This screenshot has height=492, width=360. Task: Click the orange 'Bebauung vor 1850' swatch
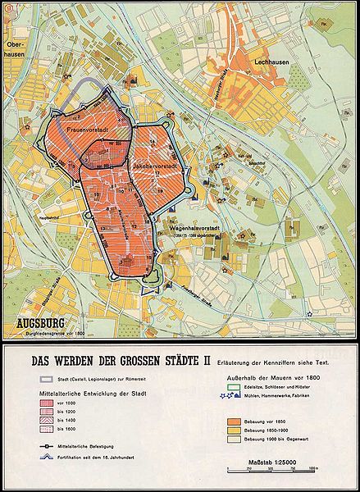coord(234,419)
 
